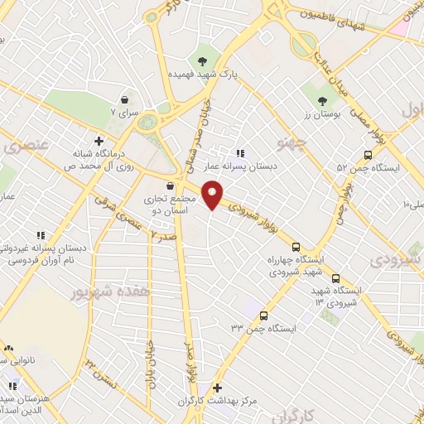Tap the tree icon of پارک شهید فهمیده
click(201, 60)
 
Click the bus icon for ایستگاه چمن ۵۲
click(368, 155)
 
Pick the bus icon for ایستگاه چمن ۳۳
click(263, 316)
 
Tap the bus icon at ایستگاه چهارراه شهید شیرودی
click(296, 245)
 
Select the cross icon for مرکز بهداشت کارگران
click(217, 387)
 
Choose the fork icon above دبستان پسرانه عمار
click(240, 152)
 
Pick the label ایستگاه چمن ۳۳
click(263, 329)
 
